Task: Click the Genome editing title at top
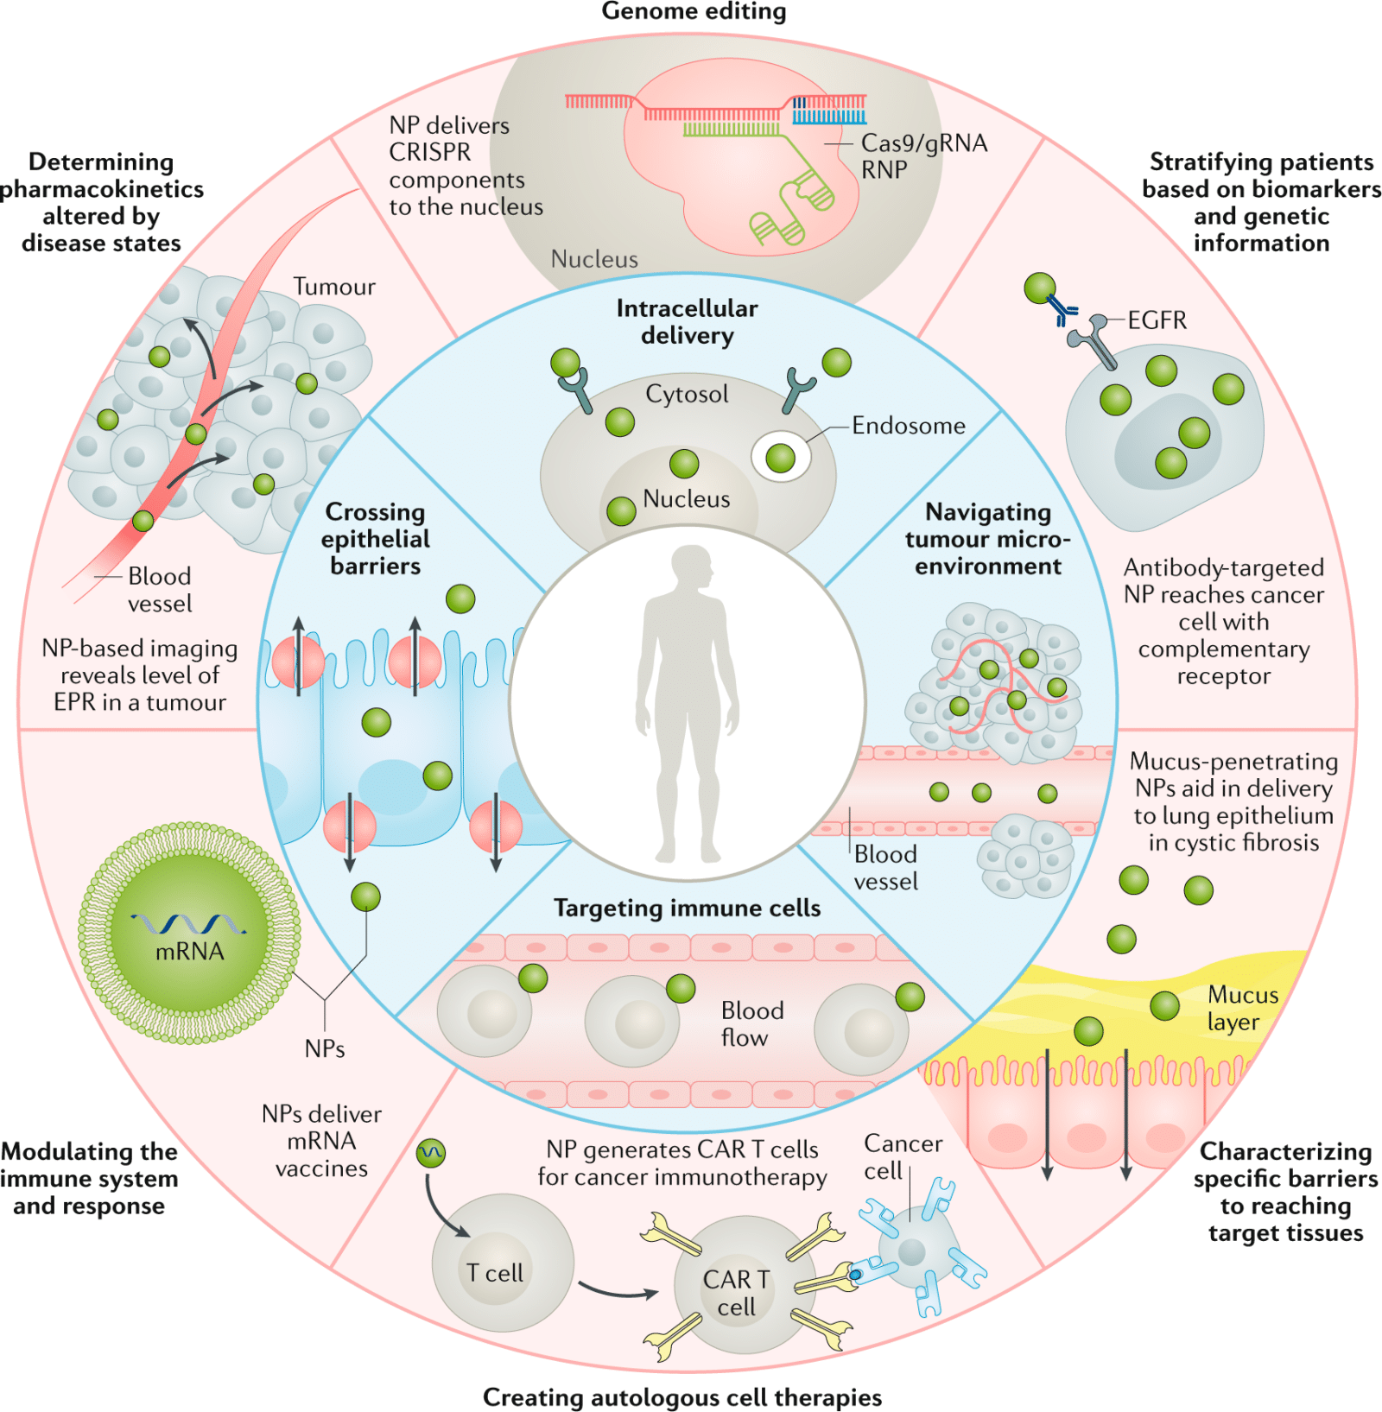[x=694, y=11]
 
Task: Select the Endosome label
[x=908, y=426]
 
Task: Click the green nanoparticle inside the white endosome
[x=780, y=458]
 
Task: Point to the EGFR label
[x=1157, y=320]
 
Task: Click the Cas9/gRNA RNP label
[x=922, y=155]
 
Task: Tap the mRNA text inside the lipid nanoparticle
[x=189, y=951]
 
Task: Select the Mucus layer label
[x=1242, y=1008]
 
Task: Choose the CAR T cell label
[x=736, y=1293]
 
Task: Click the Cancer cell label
[x=902, y=1156]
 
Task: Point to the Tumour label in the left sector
[x=334, y=287]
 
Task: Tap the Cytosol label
[x=687, y=394]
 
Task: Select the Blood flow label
[x=751, y=1023]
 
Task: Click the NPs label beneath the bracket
[x=325, y=1048]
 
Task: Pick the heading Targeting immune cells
[x=687, y=908]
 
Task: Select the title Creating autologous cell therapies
[x=681, y=1396]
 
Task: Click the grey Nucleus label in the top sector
[x=594, y=259]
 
